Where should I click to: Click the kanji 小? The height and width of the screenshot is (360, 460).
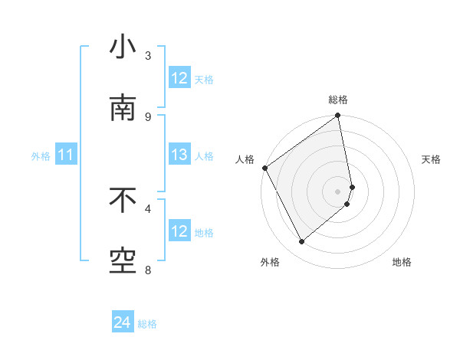pos(123,48)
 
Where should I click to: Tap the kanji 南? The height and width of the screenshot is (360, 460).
pos(123,110)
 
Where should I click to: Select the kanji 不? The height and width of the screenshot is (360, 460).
pos(123,201)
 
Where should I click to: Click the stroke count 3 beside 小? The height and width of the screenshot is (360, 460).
pos(148,55)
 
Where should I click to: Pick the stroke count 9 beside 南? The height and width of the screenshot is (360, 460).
pos(148,116)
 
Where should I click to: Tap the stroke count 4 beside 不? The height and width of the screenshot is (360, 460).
pos(148,208)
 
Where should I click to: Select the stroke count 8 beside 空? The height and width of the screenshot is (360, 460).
pos(148,270)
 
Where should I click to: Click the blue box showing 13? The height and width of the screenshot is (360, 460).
pos(179,155)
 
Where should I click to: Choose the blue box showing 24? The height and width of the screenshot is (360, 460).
pos(123,323)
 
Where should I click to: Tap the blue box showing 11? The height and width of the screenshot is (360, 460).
pos(66,155)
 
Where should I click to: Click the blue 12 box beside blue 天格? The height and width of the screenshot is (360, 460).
pos(179,78)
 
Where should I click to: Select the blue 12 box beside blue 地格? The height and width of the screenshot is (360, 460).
pos(179,231)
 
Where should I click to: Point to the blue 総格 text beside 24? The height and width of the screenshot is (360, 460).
pos(147,324)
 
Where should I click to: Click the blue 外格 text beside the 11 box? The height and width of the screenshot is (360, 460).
pos(41,156)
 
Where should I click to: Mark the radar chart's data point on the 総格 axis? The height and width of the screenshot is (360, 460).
pos(337,116)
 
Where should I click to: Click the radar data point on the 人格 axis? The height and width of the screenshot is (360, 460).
pos(264,168)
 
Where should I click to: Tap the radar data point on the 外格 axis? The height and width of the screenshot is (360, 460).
pos(302,242)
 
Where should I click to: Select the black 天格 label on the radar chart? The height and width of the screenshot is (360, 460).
pos(432,159)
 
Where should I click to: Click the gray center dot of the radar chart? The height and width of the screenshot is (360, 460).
pos(337,191)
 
